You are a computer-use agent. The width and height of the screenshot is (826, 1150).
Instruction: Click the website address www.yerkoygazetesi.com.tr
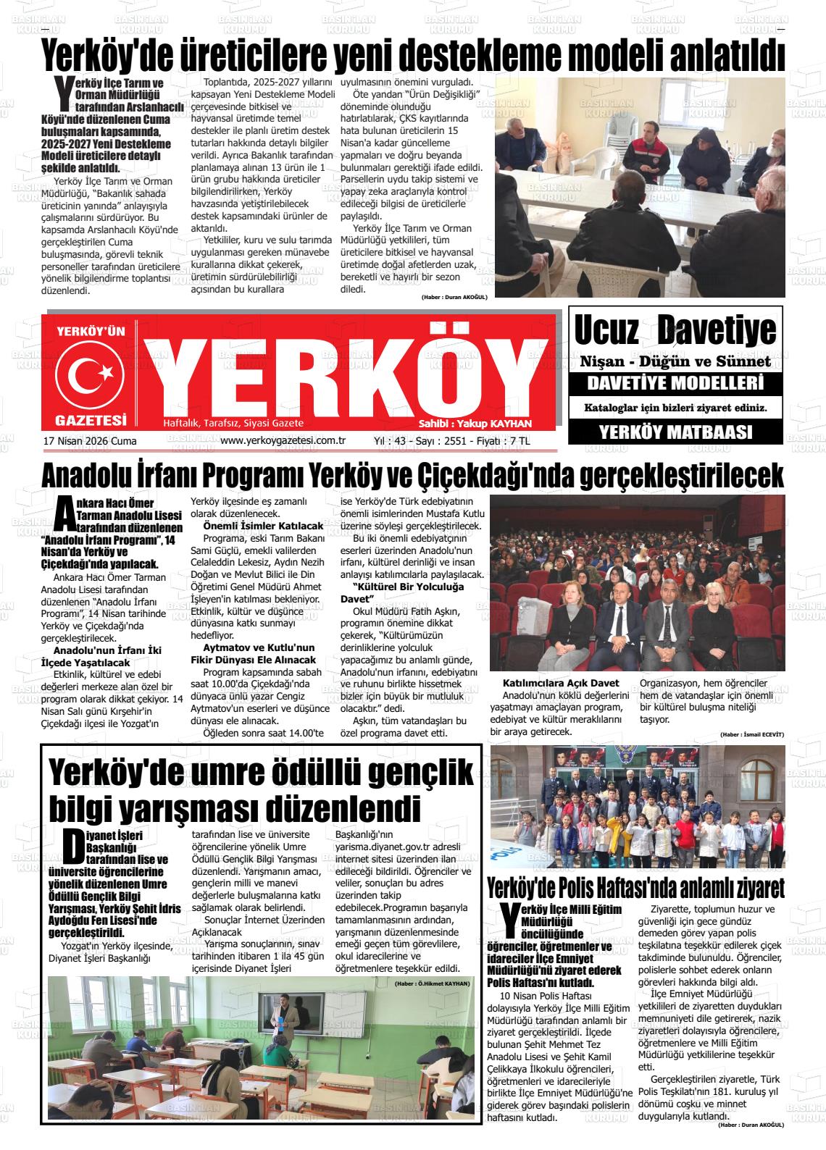[282, 440]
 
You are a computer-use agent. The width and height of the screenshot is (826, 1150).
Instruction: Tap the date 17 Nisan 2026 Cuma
[90, 441]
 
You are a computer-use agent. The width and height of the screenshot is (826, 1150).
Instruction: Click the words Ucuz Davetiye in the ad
[675, 330]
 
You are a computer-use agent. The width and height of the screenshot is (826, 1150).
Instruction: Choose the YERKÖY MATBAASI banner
[675, 432]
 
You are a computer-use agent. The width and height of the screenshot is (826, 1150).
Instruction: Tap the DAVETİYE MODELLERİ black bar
[675, 382]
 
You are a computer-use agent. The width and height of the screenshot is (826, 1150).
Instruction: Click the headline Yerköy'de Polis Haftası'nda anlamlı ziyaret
[636, 887]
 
